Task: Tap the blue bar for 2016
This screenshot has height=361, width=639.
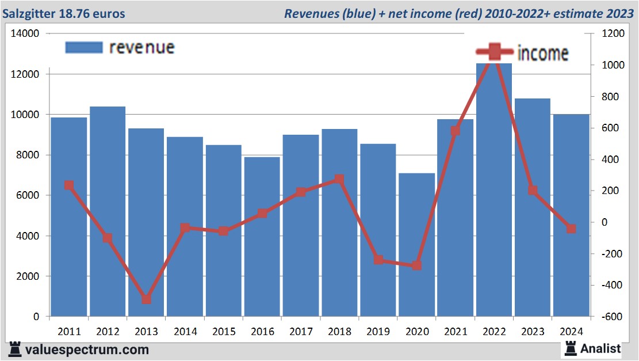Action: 262,236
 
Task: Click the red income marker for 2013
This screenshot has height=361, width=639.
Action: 146,299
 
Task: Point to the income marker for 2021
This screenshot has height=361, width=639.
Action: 456,131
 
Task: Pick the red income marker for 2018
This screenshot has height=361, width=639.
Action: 339,179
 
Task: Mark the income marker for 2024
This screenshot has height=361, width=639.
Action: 571,229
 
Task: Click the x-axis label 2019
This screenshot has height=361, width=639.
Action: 378,332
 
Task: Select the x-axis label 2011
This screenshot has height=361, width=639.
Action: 69,332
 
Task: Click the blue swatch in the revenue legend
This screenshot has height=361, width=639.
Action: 84,47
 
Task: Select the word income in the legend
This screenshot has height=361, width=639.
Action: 543,54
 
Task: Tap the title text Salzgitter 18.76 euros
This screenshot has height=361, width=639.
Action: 64,13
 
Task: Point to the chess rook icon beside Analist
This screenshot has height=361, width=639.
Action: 571,348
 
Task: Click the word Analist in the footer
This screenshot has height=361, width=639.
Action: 600,348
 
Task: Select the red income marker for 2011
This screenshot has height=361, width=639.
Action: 69,185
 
